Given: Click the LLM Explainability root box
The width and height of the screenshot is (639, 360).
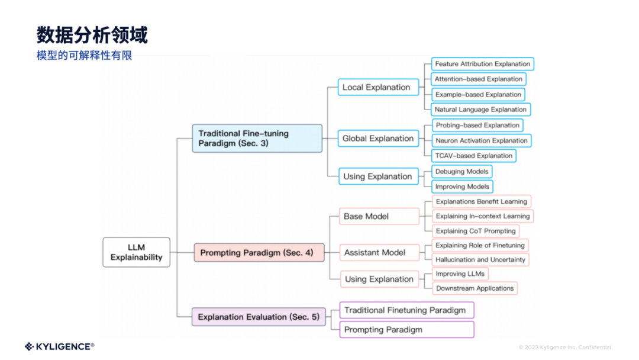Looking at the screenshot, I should click(x=136, y=252).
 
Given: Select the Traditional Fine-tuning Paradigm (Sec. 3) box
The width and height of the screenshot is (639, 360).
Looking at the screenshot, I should click(x=257, y=139).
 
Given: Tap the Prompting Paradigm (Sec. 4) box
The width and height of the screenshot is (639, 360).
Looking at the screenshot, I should click(x=259, y=253).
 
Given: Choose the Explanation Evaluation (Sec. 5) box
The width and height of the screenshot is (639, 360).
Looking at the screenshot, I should click(x=259, y=317).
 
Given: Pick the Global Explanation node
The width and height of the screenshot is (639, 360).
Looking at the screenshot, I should click(x=378, y=139).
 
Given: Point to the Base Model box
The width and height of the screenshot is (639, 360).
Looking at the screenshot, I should click(x=379, y=216).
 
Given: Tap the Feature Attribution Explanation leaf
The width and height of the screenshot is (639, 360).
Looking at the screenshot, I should click(x=482, y=64).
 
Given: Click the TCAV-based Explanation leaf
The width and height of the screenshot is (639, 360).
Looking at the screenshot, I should click(x=473, y=156).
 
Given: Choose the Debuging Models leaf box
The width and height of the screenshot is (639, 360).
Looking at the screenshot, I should click(x=462, y=172).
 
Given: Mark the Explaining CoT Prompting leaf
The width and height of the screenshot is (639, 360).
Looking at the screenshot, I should click(x=476, y=231).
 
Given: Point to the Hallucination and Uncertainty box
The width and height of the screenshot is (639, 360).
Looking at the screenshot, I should click(x=480, y=259).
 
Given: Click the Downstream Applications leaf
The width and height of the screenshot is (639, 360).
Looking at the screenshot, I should click(x=475, y=288).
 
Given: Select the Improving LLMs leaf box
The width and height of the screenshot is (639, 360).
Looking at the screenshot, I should click(x=460, y=274).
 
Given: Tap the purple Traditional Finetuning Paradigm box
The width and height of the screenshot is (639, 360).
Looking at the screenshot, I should click(x=406, y=310).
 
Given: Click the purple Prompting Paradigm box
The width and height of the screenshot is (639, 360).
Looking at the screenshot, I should click(x=406, y=329).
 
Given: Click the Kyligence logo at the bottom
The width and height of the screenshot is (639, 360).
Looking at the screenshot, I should click(x=59, y=346).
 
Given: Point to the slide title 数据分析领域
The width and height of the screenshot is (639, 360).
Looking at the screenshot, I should click(x=92, y=35).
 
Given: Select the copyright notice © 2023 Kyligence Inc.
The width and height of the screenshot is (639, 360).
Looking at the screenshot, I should click(x=565, y=348).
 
